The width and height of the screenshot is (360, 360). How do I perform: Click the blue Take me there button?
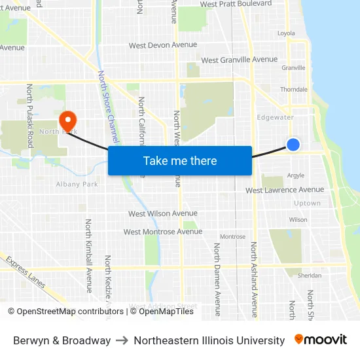180,161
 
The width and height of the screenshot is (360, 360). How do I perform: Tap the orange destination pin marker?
67,120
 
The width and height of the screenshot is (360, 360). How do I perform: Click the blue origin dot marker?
293,145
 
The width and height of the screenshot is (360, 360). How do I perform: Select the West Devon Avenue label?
163,45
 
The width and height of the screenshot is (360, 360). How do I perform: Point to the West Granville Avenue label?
240,60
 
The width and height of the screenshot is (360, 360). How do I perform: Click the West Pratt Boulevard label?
236,4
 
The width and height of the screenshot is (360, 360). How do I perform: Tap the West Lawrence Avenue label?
285,190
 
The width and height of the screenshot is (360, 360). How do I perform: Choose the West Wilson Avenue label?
163,213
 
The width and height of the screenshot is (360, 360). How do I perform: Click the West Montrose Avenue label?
163,232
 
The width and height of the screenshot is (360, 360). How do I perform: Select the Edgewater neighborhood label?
276,117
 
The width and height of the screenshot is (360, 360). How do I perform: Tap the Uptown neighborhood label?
308,204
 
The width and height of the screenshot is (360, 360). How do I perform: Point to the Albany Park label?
77,184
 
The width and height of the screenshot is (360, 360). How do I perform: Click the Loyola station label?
286,33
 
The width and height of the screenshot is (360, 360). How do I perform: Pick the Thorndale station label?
294,89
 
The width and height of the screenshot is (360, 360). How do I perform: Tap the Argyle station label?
296,175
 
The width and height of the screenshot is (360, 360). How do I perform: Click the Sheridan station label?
310,276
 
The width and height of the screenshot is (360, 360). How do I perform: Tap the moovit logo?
320,340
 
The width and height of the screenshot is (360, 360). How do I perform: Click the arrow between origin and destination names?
122,340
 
